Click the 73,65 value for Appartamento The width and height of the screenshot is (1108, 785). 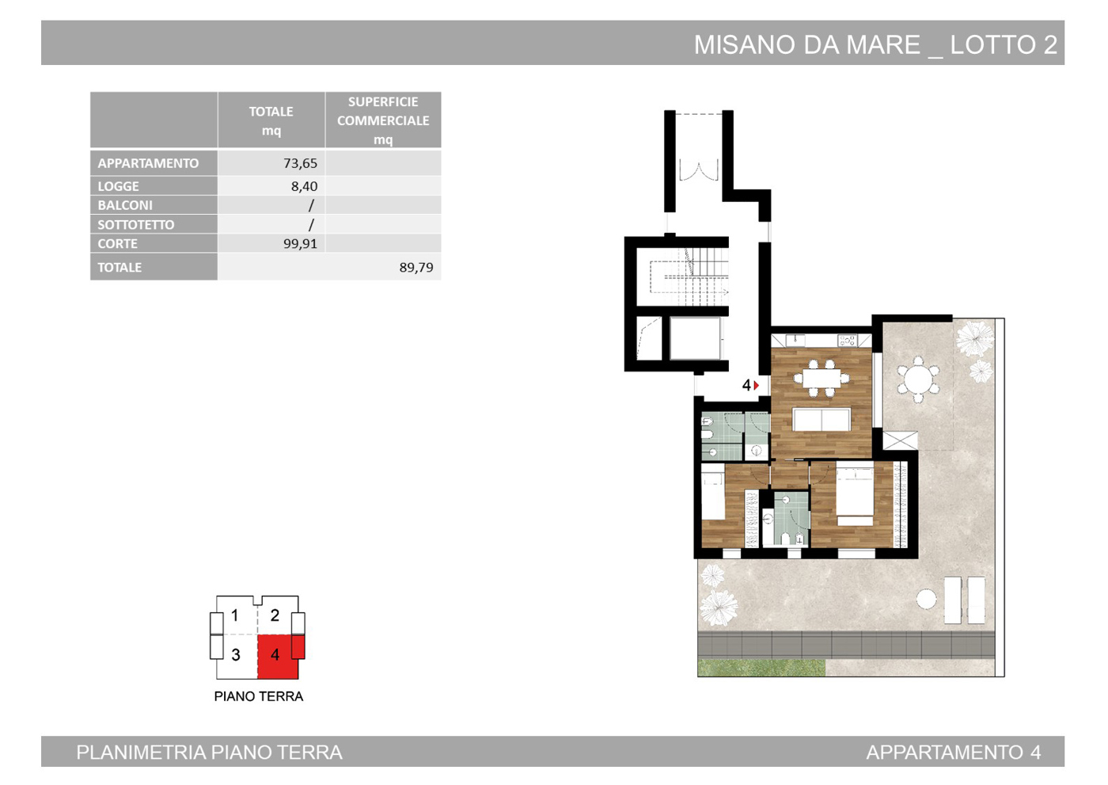pyautogui.click(x=300, y=163)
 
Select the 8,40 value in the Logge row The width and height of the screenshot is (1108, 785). pyautogui.click(x=304, y=186)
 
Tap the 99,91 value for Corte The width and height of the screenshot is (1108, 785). pyautogui.click(x=300, y=243)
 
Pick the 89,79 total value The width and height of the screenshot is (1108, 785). pyautogui.click(x=416, y=267)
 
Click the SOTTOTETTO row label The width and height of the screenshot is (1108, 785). pyautogui.click(x=135, y=225)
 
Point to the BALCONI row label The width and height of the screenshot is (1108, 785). pyautogui.click(x=125, y=205)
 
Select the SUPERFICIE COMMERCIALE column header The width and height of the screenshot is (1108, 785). pyautogui.click(x=383, y=120)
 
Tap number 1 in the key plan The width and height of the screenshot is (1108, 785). pyautogui.click(x=234, y=615)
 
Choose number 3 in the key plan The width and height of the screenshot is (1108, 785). pyautogui.click(x=236, y=655)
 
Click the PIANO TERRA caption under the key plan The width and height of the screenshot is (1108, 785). pyautogui.click(x=258, y=696)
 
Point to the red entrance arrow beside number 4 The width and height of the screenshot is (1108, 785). pyautogui.click(x=757, y=385)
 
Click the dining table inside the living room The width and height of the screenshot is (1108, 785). pyautogui.click(x=822, y=379)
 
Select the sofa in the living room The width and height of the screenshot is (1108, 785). pyautogui.click(x=822, y=420)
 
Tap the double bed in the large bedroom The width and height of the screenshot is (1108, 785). pyautogui.click(x=855, y=497)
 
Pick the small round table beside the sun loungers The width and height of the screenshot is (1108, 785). pyautogui.click(x=927, y=600)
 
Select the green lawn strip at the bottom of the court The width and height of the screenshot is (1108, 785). pyautogui.click(x=761, y=669)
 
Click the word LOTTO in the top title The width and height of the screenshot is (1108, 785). pyautogui.click(x=993, y=45)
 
